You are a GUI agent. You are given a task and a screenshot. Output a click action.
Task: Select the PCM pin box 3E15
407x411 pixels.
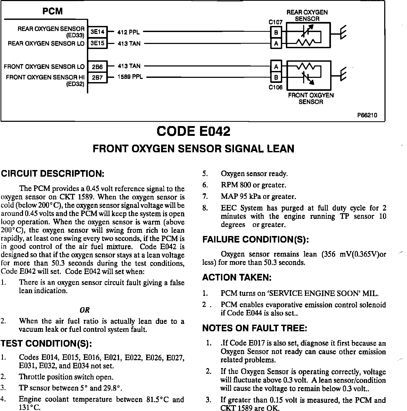pyautogui.click(x=97, y=43)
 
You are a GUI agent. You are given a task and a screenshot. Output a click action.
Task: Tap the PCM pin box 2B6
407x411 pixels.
pyautogui.click(x=97, y=67)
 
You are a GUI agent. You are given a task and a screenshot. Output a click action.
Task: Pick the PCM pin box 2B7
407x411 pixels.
pyautogui.click(x=97, y=78)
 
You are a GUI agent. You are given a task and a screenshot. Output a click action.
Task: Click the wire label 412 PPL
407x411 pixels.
pyautogui.click(x=128, y=32)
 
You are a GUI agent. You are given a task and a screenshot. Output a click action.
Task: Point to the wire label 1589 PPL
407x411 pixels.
pyautogui.click(x=130, y=77)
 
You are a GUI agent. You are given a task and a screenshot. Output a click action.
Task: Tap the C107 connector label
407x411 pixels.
pyautogui.click(x=276, y=23)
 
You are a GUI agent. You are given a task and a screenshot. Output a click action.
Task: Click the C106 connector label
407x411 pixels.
pyautogui.click(x=276, y=87)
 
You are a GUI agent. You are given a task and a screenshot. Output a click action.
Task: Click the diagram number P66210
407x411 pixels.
pyautogui.click(x=367, y=115)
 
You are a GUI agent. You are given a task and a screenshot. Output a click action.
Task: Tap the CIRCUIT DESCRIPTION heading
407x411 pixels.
pyautogui.click(x=53, y=174)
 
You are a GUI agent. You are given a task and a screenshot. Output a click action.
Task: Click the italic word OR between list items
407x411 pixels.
pyautogui.click(x=85, y=310)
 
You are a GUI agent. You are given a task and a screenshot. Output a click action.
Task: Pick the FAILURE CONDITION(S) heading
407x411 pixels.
pyautogui.click(x=256, y=240)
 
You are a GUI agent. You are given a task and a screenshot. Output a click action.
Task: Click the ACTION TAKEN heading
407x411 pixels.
pyautogui.click(x=237, y=278)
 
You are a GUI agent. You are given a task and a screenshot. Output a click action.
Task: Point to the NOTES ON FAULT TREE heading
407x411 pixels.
pyautogui.click(x=255, y=328)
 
